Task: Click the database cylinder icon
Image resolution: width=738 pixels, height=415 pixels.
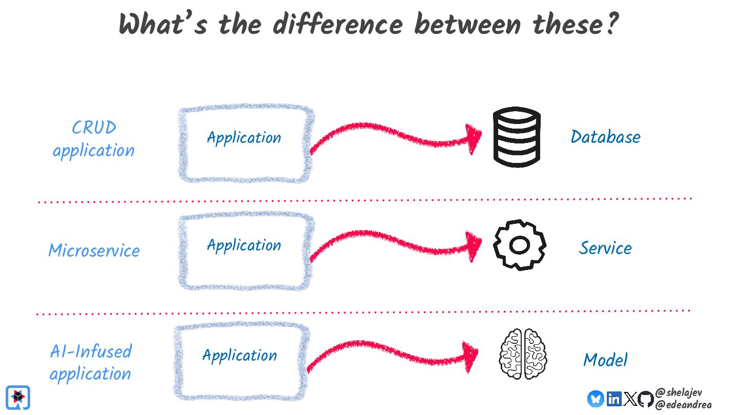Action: tap(517, 137)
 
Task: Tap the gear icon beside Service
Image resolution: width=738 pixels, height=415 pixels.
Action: tap(519, 245)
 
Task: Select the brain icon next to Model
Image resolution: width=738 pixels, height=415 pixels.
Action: tap(523, 354)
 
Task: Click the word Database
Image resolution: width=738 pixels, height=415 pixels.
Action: tap(605, 137)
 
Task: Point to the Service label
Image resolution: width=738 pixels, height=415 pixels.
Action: tap(605, 248)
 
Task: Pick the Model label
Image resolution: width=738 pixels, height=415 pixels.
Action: tap(605, 360)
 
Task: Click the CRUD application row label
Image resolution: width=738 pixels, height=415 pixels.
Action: tap(93, 139)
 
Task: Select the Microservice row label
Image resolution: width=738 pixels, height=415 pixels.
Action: tap(94, 251)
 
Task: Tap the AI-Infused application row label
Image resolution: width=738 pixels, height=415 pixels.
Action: tap(91, 362)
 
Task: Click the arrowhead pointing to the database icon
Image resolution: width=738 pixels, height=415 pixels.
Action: tap(474, 139)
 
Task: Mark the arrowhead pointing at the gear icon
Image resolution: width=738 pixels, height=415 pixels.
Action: tap(474, 246)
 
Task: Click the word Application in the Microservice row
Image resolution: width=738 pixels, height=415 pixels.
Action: tap(244, 245)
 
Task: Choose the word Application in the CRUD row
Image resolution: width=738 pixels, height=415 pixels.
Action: tap(244, 137)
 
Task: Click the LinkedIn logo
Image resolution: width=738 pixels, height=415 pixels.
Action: tap(613, 399)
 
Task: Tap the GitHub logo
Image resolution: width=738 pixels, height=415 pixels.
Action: tap(646, 399)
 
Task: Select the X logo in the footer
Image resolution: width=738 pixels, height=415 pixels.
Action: tap(630, 399)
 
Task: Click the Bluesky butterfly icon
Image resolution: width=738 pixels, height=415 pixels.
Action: tap(596, 399)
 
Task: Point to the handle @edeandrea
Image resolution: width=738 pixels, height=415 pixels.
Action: tap(683, 405)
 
